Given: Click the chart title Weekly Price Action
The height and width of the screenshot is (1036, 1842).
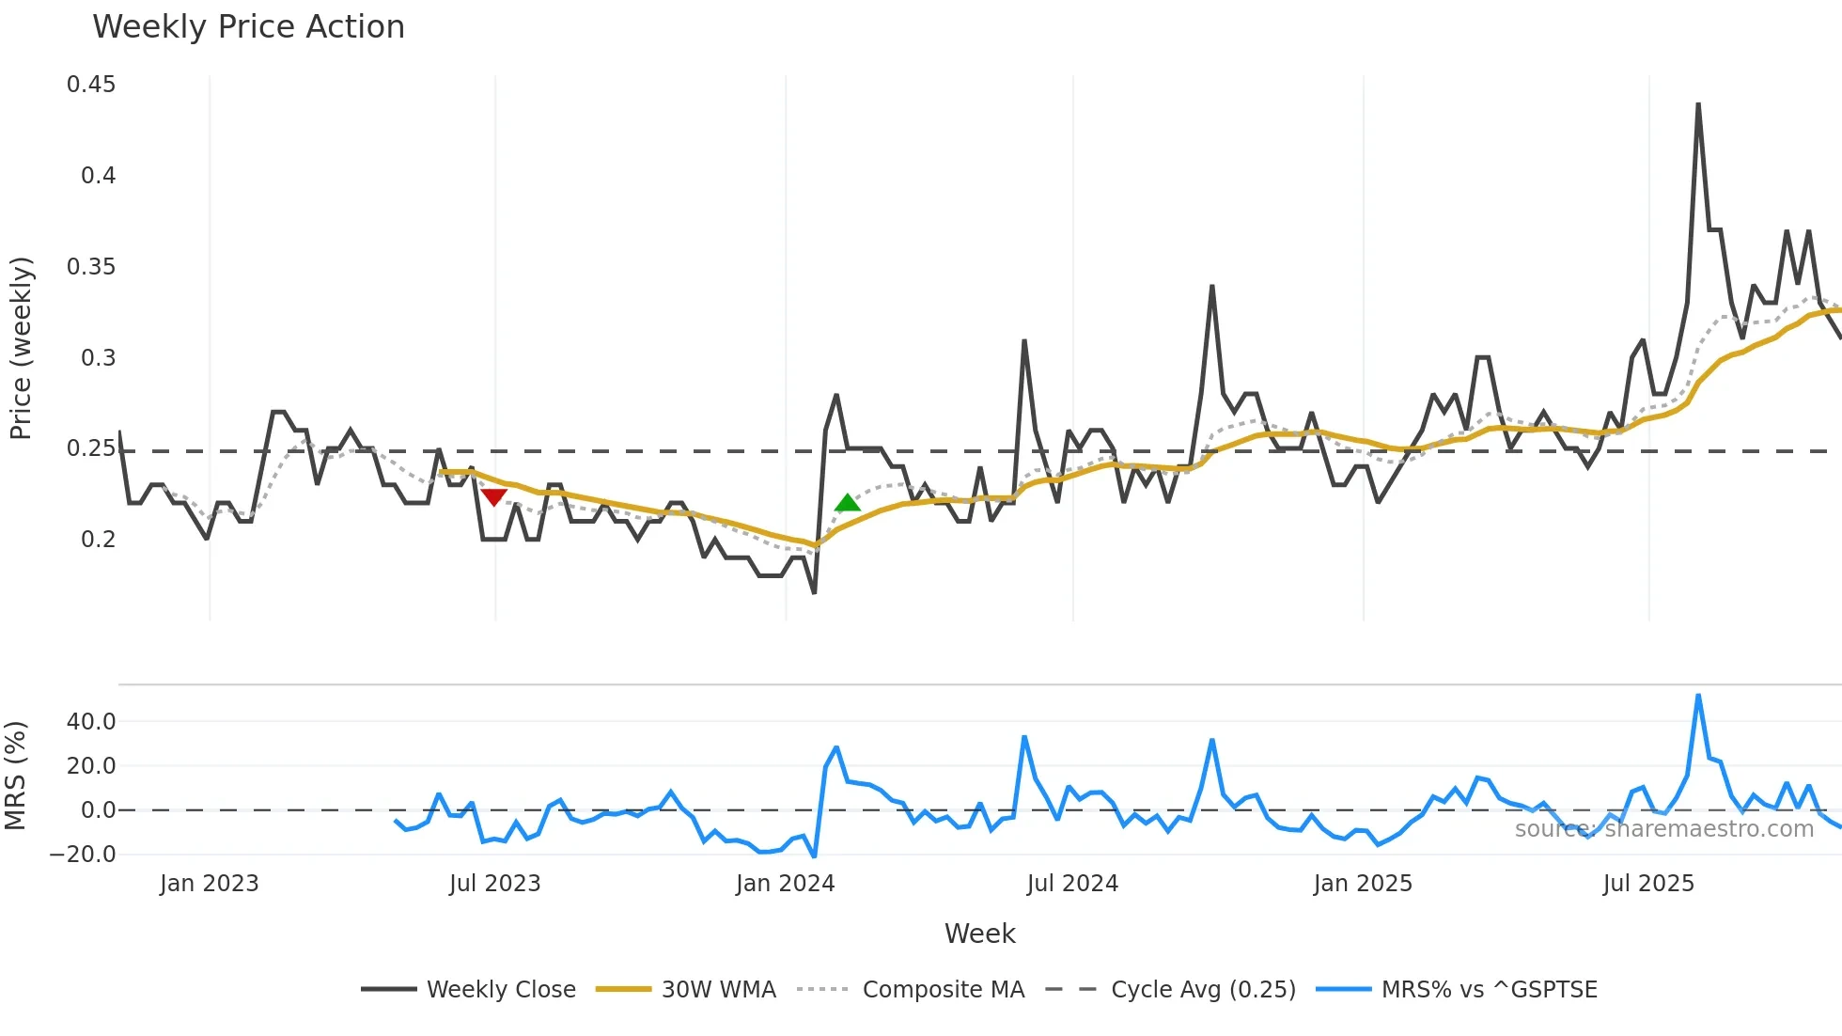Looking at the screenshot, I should (x=248, y=27).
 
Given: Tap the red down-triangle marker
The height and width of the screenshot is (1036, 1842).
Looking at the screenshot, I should (x=493, y=496).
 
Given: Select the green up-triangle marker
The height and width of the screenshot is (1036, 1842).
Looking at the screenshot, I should (x=847, y=503).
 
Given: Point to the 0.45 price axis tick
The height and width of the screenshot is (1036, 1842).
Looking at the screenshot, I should (x=91, y=85).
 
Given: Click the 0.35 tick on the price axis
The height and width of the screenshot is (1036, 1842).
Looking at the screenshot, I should (x=91, y=267).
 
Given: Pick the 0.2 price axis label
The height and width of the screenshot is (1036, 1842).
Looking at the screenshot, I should (x=98, y=540).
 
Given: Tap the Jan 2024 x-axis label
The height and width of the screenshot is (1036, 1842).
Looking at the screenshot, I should (x=785, y=884).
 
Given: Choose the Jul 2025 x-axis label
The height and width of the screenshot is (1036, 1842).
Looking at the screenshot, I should (x=1648, y=884).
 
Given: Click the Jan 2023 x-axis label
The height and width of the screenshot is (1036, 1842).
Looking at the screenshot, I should (x=209, y=884).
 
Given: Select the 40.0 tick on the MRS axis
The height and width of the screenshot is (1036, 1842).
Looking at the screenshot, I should (x=91, y=722).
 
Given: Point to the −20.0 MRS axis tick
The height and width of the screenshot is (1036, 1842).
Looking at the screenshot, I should (x=83, y=855).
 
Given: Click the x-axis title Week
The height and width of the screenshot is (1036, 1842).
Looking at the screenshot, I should (x=979, y=934).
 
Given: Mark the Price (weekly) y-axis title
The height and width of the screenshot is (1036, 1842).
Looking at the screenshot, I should (x=21, y=348).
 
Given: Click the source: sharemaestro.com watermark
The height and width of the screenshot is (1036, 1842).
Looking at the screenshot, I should (x=1663, y=829).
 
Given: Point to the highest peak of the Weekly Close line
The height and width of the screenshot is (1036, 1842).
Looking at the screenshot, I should (x=1698, y=105).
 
